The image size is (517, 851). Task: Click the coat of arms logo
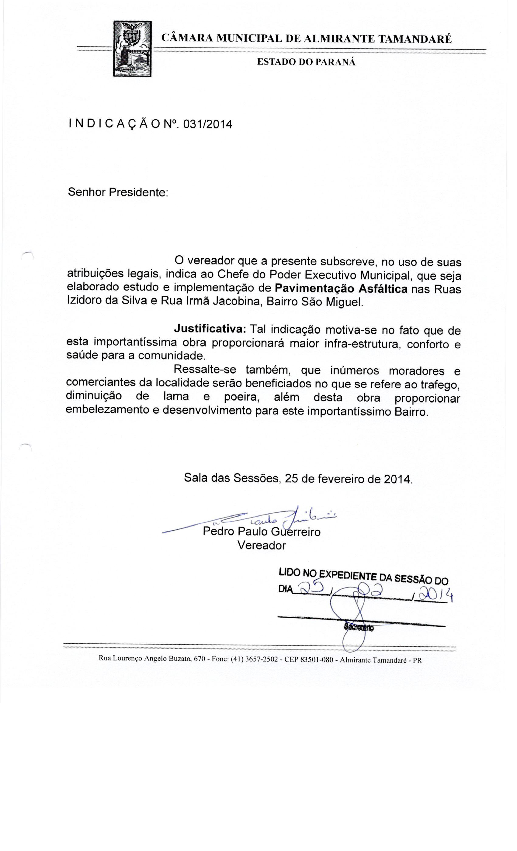click(x=132, y=49)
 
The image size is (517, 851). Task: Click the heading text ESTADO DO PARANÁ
click(x=306, y=62)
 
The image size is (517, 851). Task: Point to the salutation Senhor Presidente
click(x=117, y=192)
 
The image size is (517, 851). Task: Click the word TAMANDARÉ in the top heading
click(x=415, y=39)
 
